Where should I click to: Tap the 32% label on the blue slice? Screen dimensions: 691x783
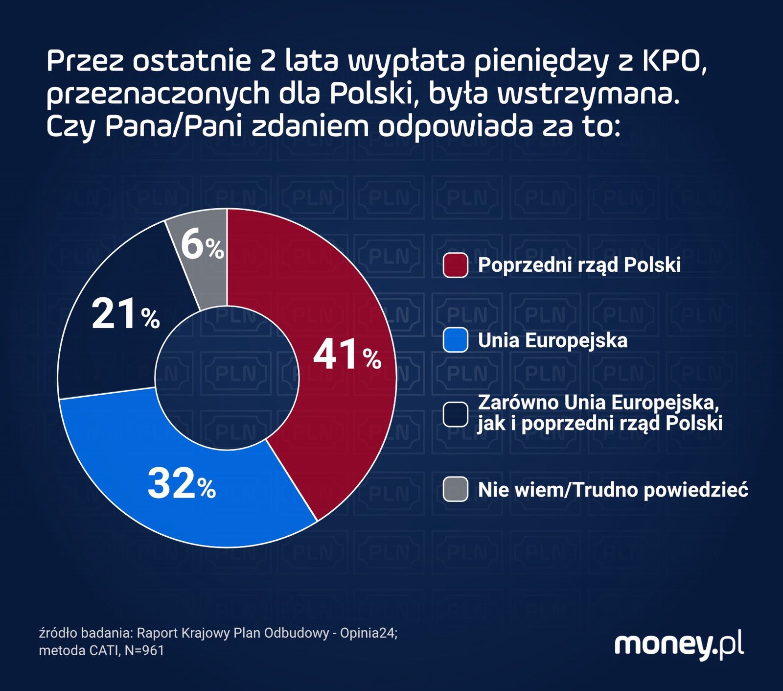[x=181, y=484]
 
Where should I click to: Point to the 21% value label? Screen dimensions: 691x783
[x=125, y=314]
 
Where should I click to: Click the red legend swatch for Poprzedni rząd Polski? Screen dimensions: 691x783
[x=455, y=265]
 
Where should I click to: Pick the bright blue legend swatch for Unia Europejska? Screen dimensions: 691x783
[x=455, y=340]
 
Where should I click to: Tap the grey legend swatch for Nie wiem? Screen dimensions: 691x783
[x=455, y=489]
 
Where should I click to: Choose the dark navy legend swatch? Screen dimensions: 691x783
[x=455, y=414]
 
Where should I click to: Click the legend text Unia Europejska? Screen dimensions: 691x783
[x=553, y=340]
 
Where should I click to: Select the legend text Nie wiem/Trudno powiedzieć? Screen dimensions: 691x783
[x=613, y=490]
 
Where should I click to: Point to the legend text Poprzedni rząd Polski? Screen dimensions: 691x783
[x=579, y=265]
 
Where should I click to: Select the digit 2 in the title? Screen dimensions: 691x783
[x=267, y=62]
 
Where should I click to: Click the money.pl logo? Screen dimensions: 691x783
[x=679, y=645]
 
